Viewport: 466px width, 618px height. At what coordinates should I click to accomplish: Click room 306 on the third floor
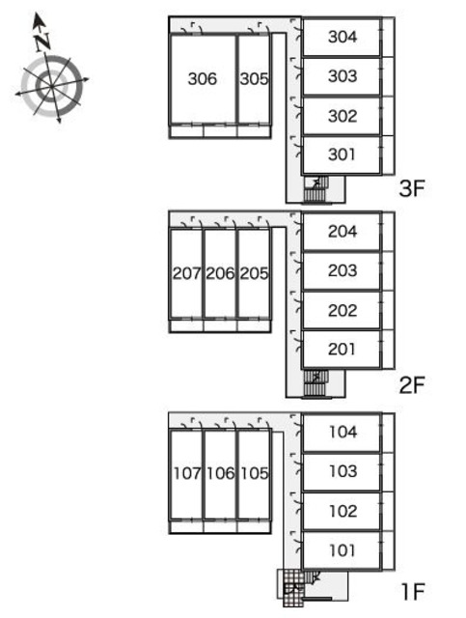(x=203, y=79)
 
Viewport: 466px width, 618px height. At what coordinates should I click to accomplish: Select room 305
(x=254, y=79)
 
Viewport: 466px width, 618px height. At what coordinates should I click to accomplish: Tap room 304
(x=342, y=37)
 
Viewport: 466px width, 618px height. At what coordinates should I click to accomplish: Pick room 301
(x=342, y=154)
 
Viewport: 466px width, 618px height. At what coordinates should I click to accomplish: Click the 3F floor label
(x=412, y=188)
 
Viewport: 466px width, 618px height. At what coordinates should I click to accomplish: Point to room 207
(x=186, y=273)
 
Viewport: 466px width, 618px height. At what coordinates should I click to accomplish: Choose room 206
(x=220, y=273)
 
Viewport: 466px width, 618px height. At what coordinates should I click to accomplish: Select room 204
(x=342, y=232)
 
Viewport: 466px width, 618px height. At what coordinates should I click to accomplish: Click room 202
(x=342, y=310)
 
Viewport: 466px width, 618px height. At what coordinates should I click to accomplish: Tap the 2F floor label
(x=412, y=385)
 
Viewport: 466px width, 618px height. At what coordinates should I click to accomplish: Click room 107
(x=186, y=473)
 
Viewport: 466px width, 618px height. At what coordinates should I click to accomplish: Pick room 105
(x=254, y=473)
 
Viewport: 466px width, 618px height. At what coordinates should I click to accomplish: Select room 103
(x=342, y=471)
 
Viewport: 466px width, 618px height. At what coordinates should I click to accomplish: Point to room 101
(x=342, y=550)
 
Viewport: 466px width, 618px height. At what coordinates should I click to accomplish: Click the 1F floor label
(x=412, y=592)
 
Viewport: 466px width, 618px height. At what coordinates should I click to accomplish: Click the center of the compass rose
(x=51, y=86)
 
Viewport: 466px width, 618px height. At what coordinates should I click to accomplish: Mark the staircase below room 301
(x=315, y=189)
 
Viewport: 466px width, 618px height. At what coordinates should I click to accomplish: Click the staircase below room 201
(x=315, y=382)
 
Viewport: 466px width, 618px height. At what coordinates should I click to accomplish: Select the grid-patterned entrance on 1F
(x=293, y=588)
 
